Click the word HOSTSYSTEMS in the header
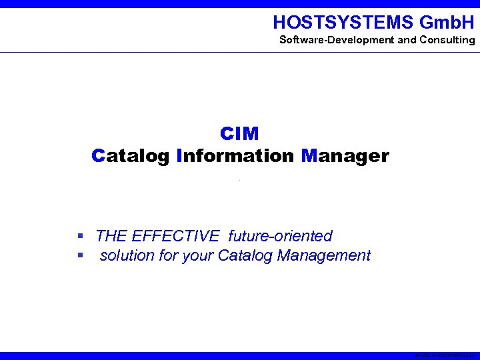343,23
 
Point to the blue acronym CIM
239,134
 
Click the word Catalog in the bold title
131,156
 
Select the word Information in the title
236,156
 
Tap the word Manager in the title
345,156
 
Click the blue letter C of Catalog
99,156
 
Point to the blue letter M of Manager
309,156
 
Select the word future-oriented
280,236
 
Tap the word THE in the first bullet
111,236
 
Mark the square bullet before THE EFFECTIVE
79,236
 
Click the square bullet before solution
79,255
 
